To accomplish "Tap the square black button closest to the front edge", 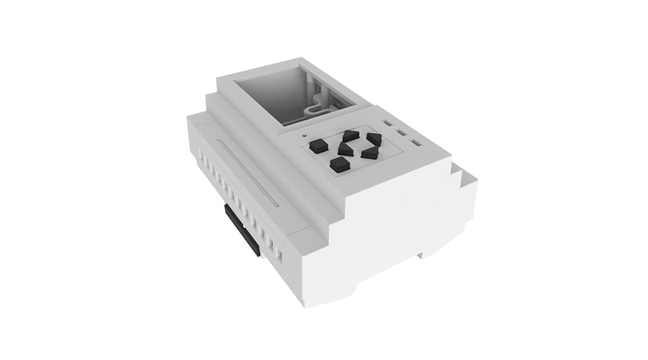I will click(339, 166).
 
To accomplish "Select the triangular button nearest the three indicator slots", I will click(373, 138).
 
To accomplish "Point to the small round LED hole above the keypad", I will click(305, 134).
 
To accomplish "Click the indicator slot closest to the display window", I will click(389, 124).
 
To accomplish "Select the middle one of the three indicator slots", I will click(402, 133).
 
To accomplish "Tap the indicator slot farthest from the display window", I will click(415, 143).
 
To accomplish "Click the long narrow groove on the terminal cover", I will click(245, 173).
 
